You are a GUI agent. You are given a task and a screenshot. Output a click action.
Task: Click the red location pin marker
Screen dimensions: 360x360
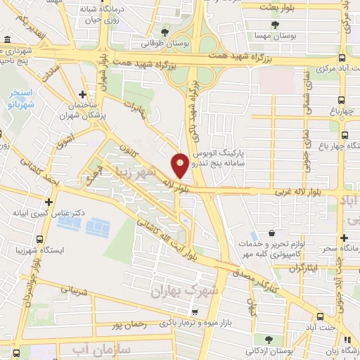pyautogui.click(x=180, y=165)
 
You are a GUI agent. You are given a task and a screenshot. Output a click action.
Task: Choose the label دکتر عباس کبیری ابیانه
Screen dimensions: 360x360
pyautogui.click(x=40, y=211)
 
